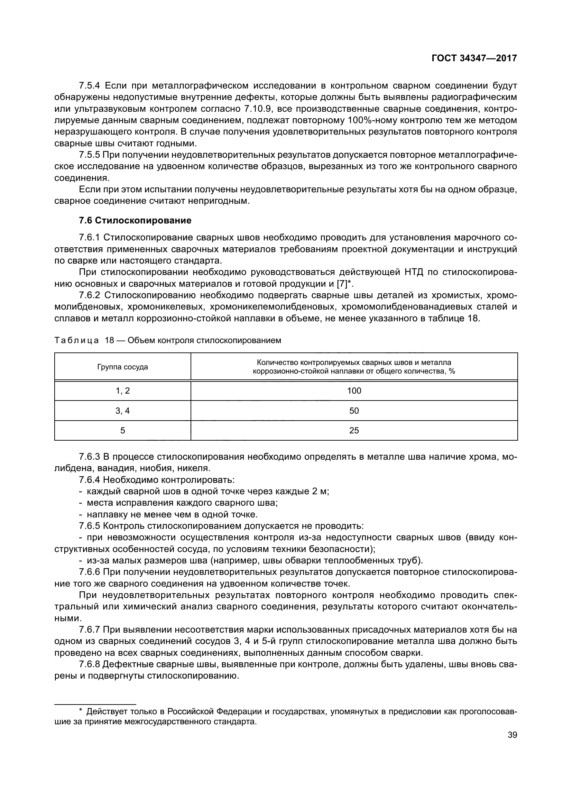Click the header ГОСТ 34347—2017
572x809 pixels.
point(474,58)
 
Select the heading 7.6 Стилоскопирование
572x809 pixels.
point(135,221)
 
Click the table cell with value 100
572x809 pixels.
point(354,390)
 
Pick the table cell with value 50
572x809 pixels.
point(354,411)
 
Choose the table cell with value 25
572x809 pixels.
point(354,430)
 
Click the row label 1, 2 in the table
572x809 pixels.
point(122,390)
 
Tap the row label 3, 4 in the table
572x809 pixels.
point(122,411)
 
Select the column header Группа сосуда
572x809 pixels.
point(122,367)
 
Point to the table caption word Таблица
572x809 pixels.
point(77,340)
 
